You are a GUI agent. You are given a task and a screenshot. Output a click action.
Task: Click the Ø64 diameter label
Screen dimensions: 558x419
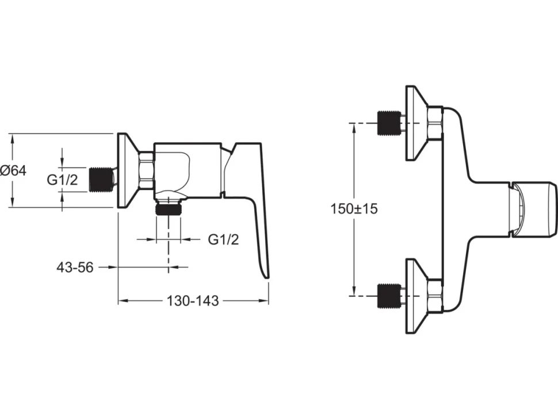tap(14, 171)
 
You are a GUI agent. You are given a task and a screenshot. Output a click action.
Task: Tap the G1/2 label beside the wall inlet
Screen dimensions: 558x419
tap(62, 180)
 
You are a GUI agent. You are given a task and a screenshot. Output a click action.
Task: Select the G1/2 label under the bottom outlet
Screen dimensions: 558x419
tap(223, 239)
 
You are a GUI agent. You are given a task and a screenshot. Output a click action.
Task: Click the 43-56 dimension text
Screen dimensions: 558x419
tap(75, 267)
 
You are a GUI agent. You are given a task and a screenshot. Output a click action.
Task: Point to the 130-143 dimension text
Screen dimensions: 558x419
tap(193, 301)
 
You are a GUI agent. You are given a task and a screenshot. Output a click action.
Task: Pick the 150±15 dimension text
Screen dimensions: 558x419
tap(354, 208)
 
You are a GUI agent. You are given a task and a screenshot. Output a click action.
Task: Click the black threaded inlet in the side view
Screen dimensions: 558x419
tap(100, 180)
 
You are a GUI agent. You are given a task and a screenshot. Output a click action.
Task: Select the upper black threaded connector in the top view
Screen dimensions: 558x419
tap(388, 123)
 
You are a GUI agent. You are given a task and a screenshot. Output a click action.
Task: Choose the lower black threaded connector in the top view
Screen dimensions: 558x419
tap(388, 295)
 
